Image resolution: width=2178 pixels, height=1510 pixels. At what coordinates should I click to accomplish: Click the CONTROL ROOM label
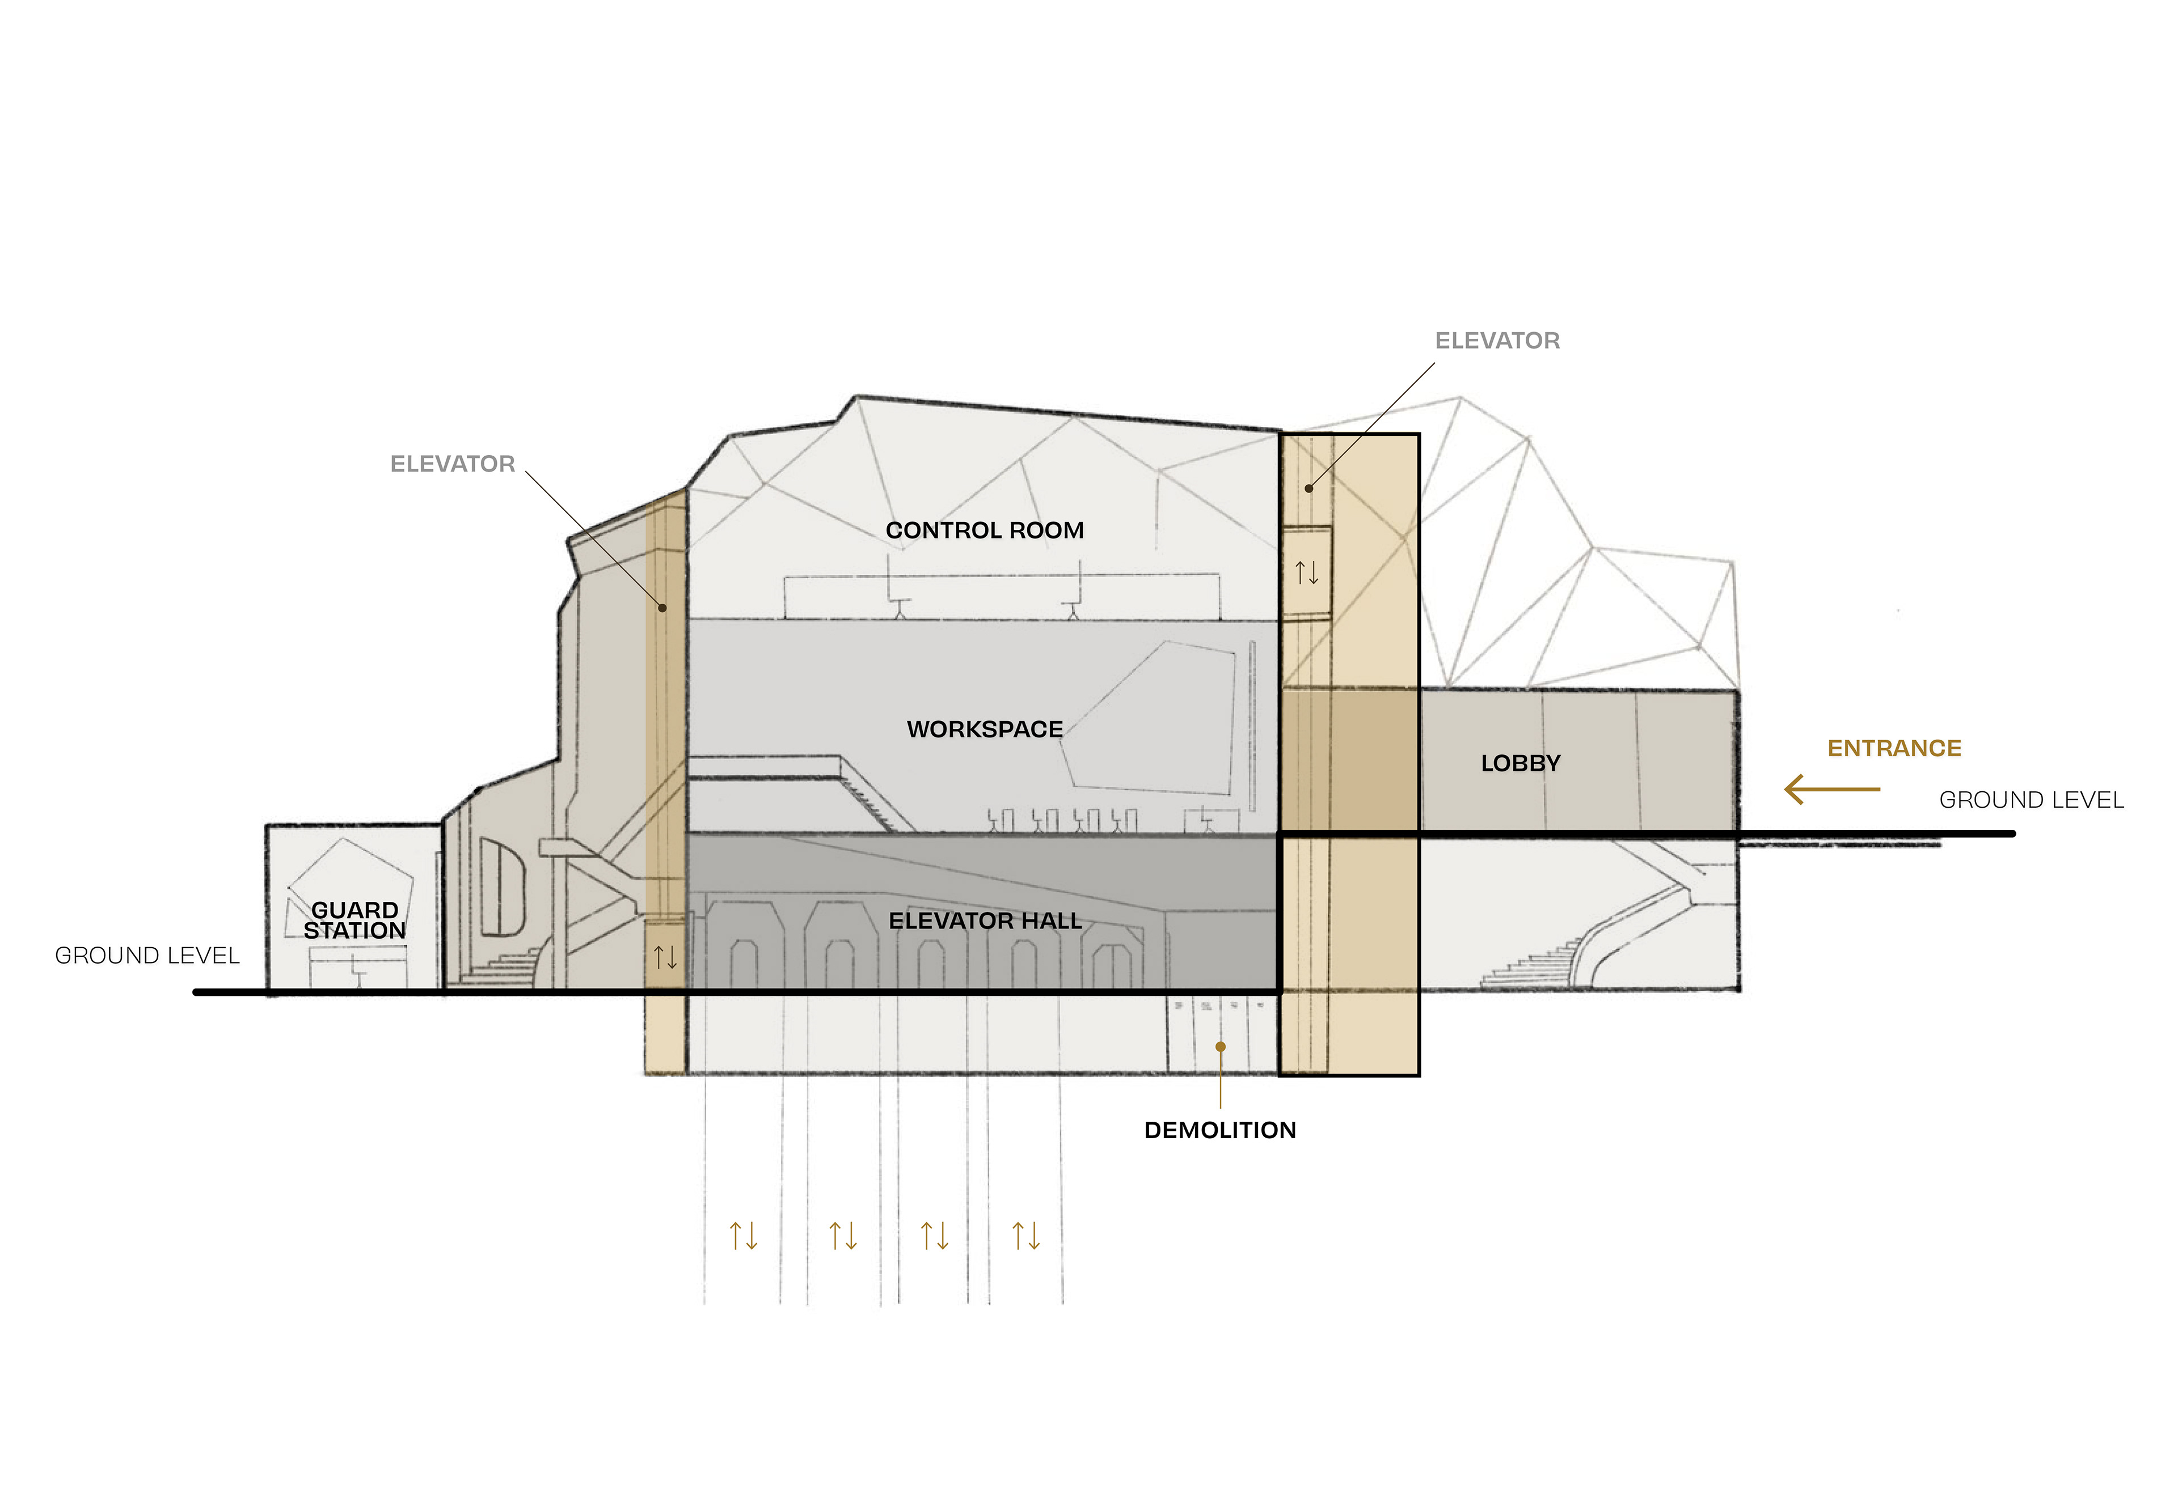[985, 531]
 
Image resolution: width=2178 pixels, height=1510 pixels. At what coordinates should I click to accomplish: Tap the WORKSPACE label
[985, 729]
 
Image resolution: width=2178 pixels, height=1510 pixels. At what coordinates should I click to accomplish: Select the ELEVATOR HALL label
[985, 922]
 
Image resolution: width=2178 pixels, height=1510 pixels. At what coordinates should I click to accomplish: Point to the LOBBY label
[1520, 764]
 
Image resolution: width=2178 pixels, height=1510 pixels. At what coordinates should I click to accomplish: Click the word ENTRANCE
[1894, 748]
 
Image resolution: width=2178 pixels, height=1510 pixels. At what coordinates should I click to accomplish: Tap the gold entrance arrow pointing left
[1831, 789]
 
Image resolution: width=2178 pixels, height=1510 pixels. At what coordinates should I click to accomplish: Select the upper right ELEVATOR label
[1496, 341]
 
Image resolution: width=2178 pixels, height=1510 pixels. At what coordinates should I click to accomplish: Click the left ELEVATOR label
[453, 464]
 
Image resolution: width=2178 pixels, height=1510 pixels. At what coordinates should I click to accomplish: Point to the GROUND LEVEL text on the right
[2031, 800]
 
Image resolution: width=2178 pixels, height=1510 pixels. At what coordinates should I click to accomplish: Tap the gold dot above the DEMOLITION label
[1220, 1046]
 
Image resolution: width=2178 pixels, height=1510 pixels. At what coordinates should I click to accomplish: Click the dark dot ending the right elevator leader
[1309, 488]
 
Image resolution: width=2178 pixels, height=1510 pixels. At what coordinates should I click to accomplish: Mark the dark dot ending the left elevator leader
[662, 608]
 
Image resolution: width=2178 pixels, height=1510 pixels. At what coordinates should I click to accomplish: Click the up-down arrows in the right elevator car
[1307, 572]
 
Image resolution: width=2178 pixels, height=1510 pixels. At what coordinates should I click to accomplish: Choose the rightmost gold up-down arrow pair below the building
[1026, 1236]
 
